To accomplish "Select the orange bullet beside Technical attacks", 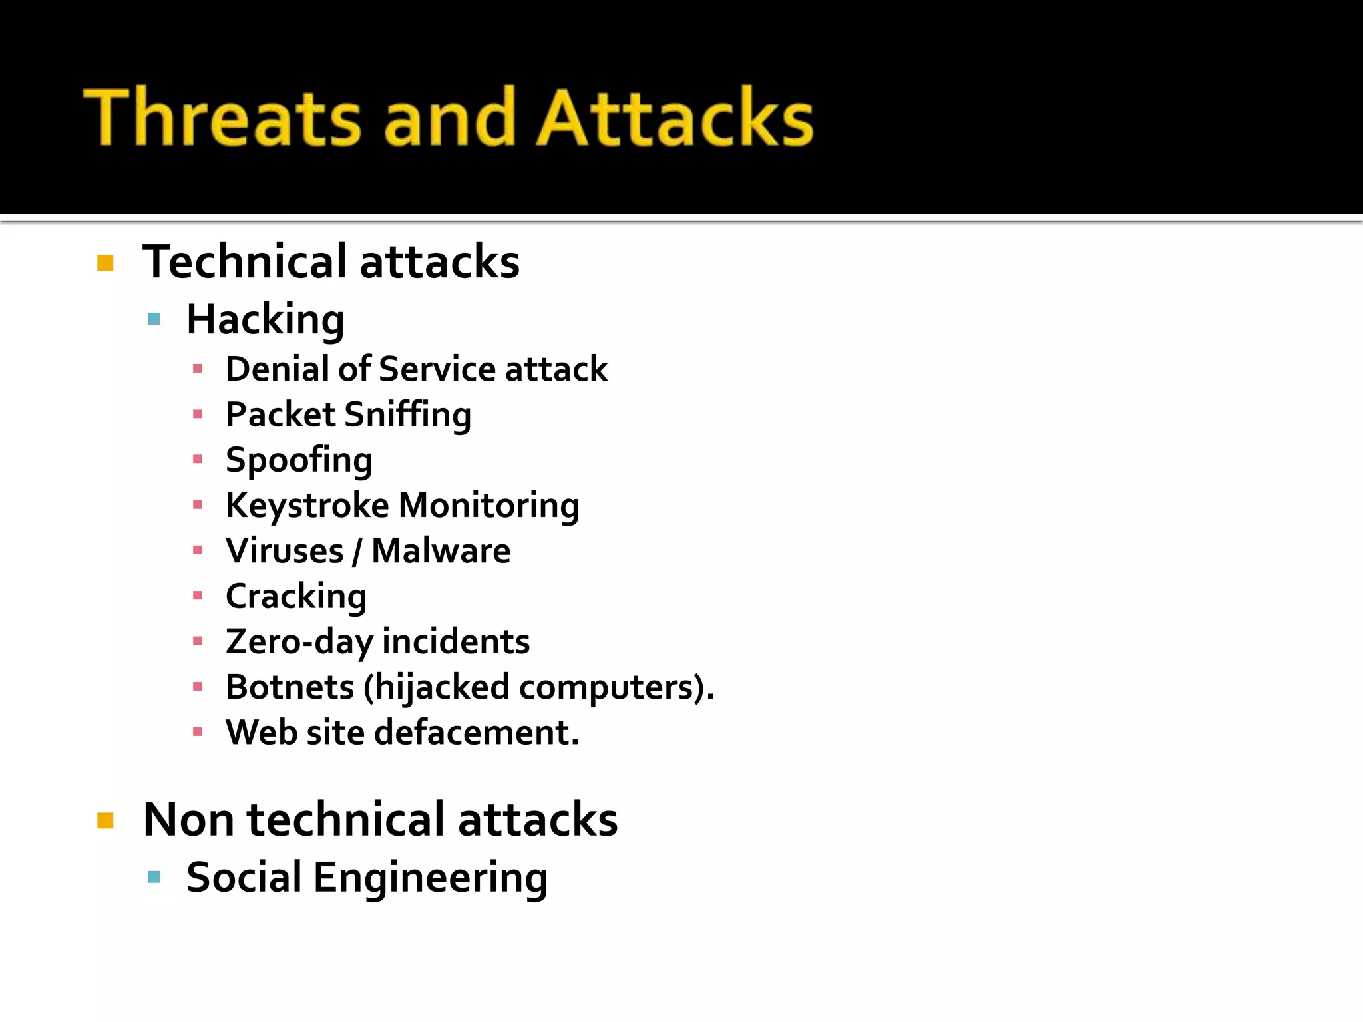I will point(105,263).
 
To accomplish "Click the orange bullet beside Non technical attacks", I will point(105,820).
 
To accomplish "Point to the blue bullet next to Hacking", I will point(154,319).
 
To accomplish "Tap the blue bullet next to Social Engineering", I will point(154,877).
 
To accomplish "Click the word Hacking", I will point(266,320).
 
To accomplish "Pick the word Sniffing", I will point(408,415).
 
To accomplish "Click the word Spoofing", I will point(299,460).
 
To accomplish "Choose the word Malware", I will point(441,551).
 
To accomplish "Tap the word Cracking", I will point(296,596).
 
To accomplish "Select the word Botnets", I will point(290,687).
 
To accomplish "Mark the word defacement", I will point(477,733).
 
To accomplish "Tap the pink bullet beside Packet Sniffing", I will point(197,415).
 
